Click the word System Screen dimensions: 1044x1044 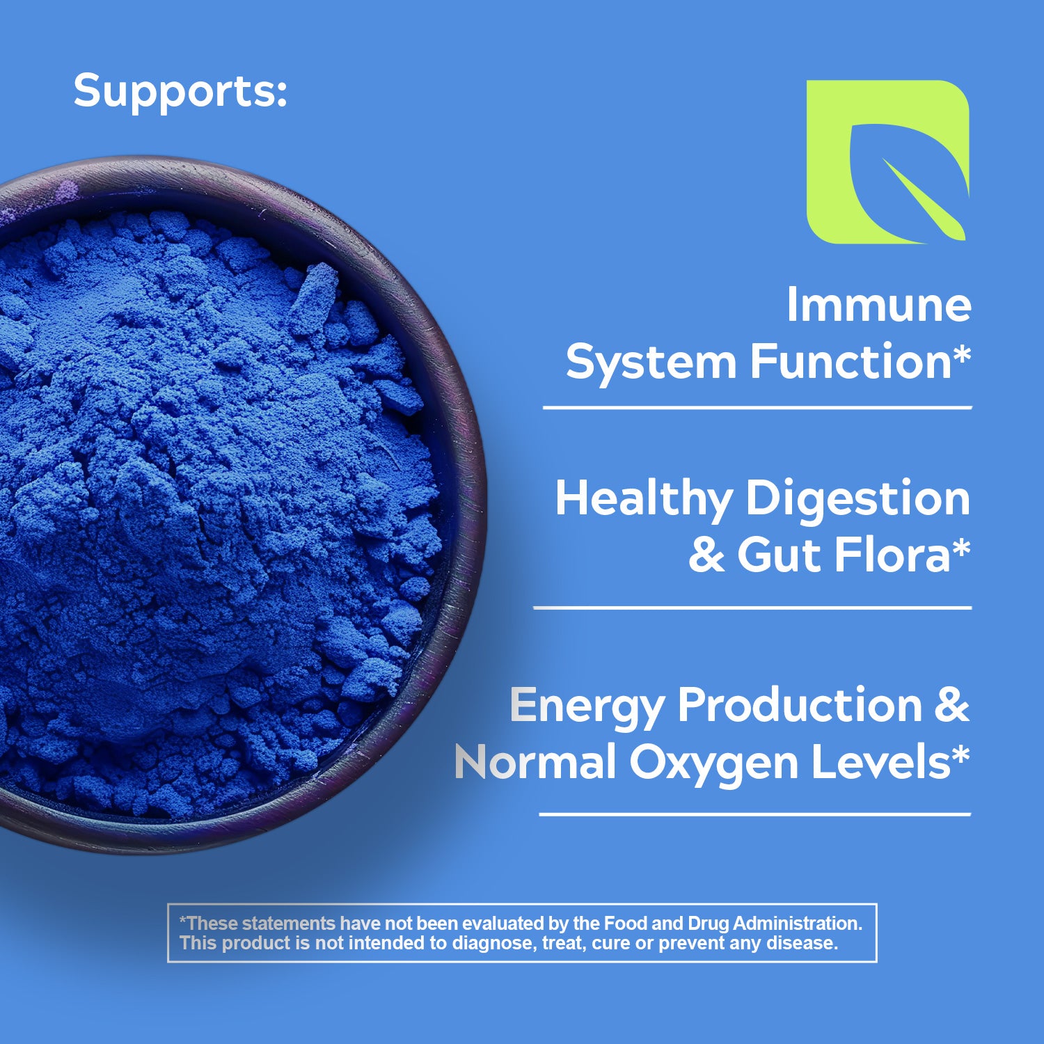point(651,364)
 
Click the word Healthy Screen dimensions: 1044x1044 point(644,500)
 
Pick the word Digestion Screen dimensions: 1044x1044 point(857,500)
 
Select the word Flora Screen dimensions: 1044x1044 point(892,555)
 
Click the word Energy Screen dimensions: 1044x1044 point(587,707)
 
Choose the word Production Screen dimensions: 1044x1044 point(800,705)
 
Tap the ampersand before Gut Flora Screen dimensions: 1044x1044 point(706,555)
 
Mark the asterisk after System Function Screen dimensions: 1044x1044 point(962,354)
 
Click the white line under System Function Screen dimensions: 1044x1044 point(757,408)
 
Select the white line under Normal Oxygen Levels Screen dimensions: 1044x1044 point(754,814)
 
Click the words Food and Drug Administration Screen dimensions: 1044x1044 point(733,924)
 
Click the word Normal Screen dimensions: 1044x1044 point(535,762)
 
